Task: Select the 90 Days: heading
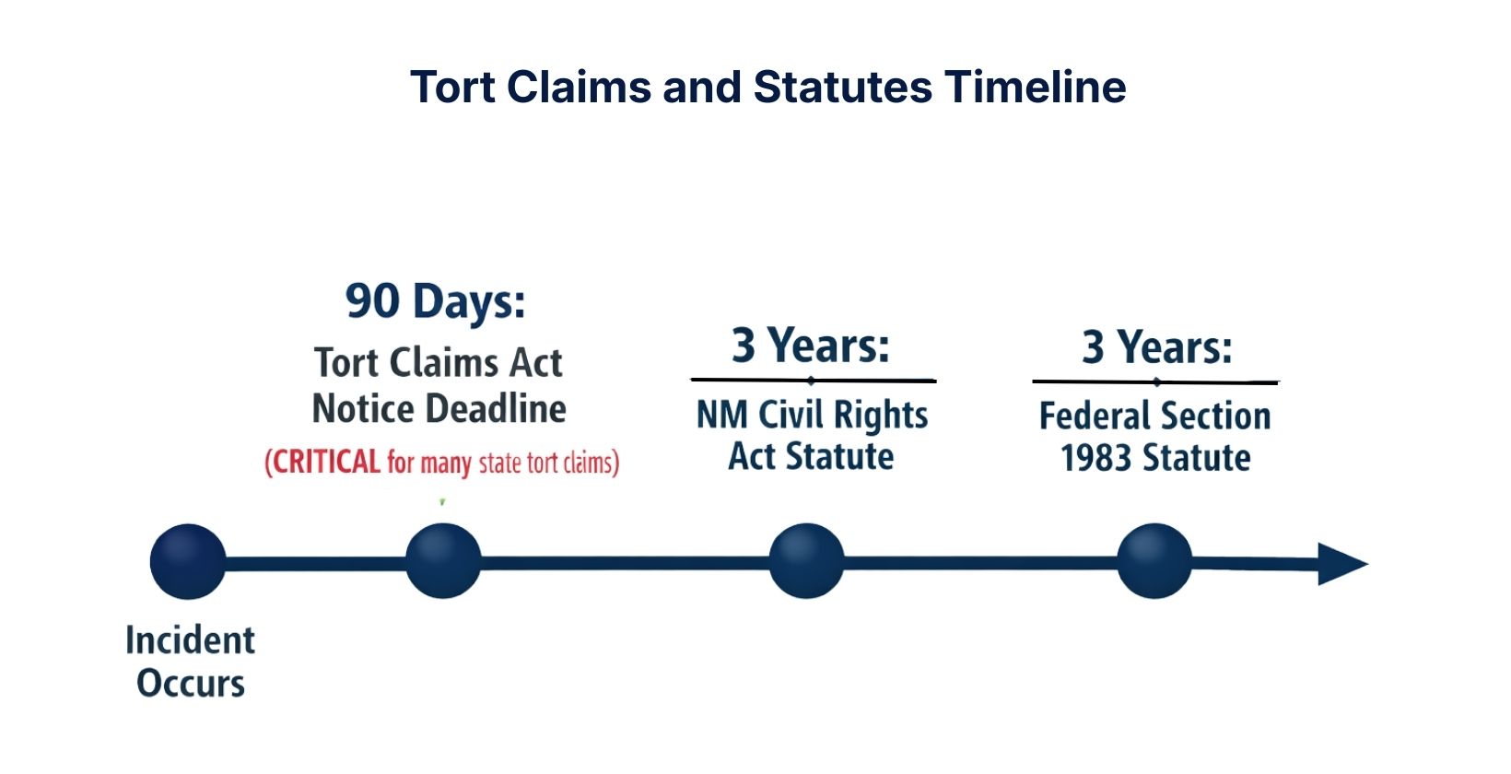point(436,301)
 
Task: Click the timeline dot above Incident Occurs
point(188,561)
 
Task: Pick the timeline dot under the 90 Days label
point(443,560)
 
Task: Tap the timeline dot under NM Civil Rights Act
point(806,560)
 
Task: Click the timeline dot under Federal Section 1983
point(1154,560)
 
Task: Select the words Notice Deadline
point(439,409)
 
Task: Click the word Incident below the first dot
point(190,640)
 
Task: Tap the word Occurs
point(191,684)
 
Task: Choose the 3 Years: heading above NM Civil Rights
point(811,346)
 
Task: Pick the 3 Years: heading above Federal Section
point(1156,347)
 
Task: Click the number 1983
point(1095,458)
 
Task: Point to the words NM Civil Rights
point(812,416)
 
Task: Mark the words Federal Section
point(1154,416)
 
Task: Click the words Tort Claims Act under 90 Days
point(438,363)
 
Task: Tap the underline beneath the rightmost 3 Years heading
point(1155,381)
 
